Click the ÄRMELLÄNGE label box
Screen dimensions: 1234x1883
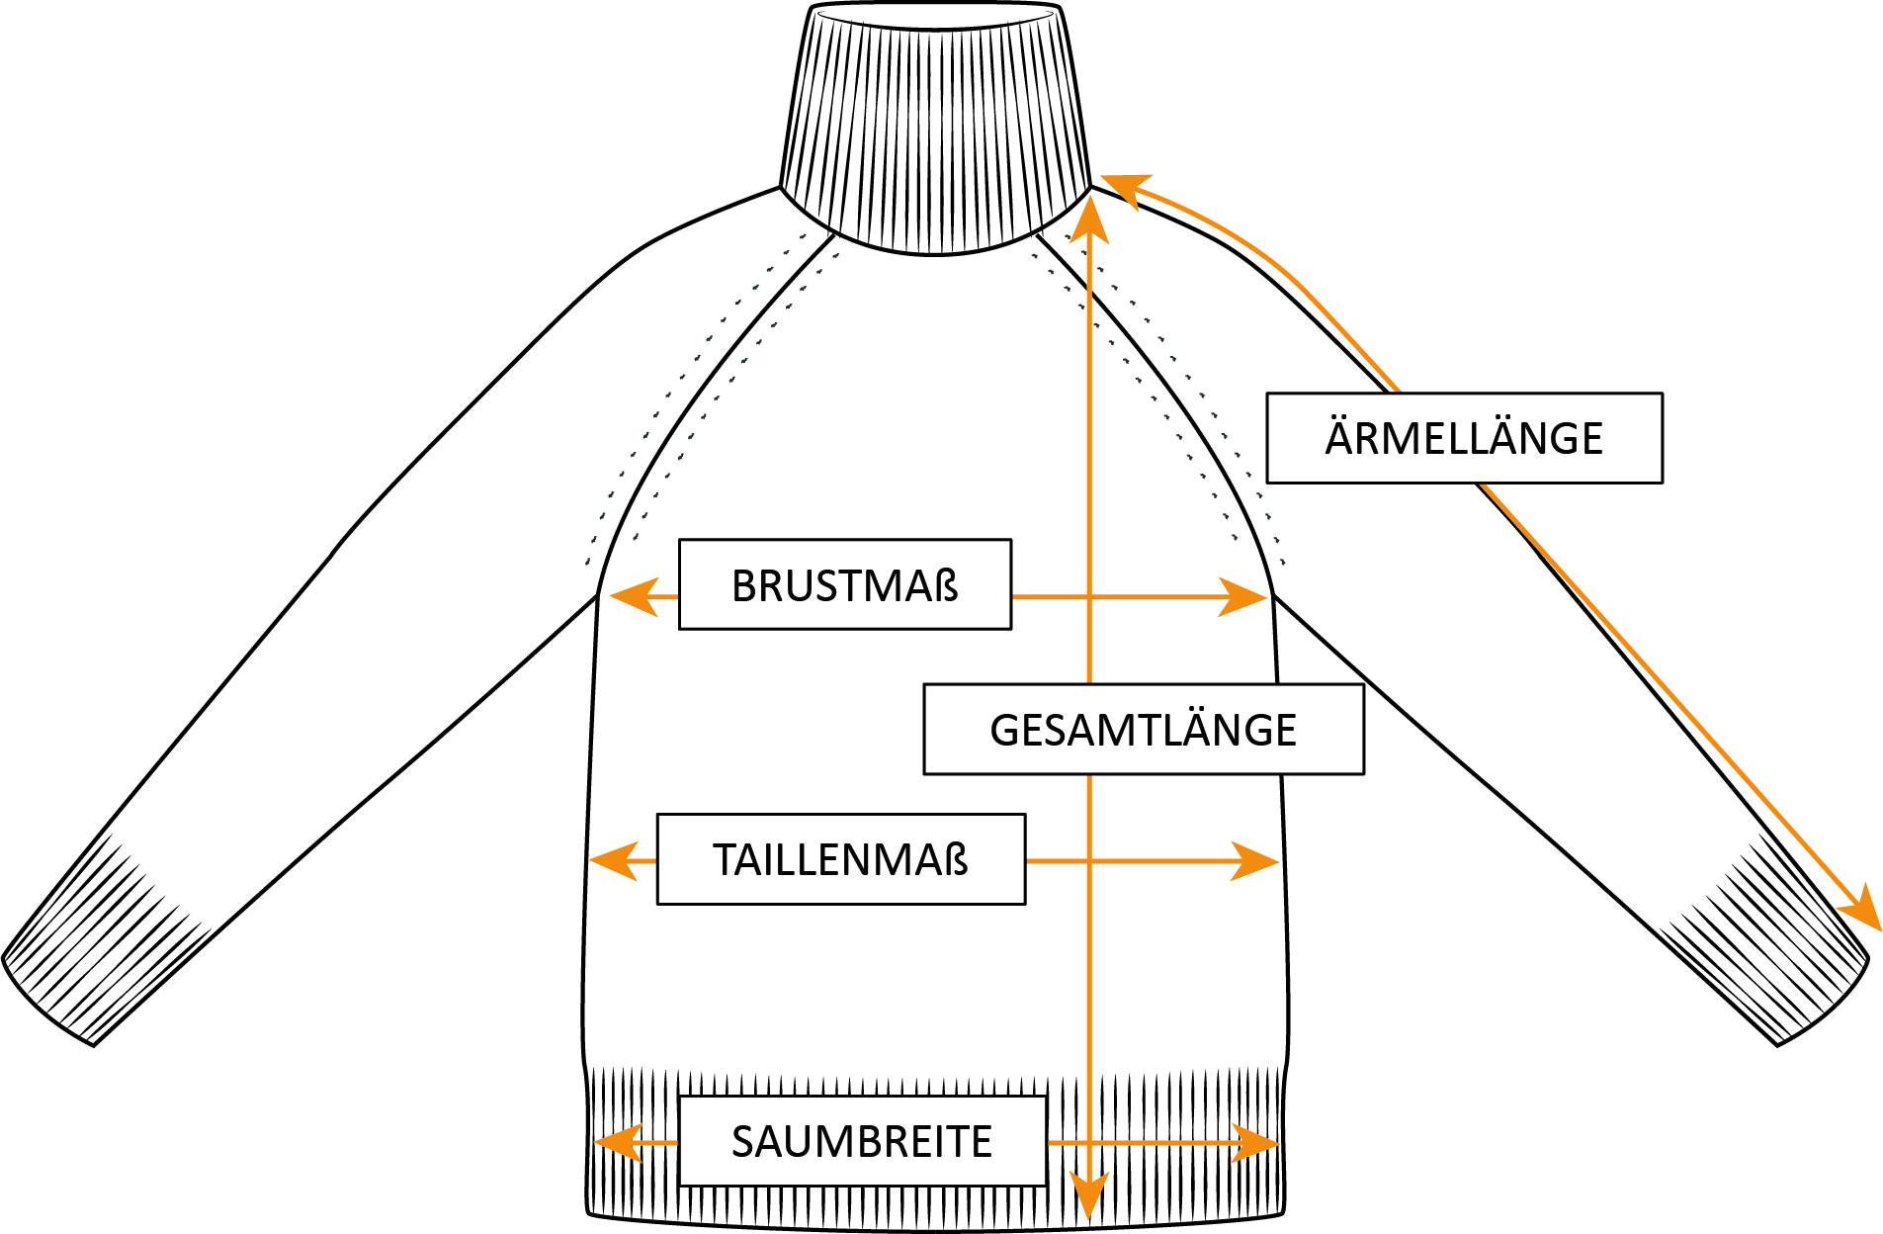[1464, 438]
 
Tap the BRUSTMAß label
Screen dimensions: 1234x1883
[844, 585]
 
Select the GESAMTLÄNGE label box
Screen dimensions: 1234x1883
[1143, 730]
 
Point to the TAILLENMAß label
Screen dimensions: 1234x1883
[840, 859]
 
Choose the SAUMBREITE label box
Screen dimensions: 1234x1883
[862, 1141]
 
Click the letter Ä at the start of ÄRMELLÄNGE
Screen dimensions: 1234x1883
[1338, 437]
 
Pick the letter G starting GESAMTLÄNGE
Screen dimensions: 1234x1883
[1003, 731]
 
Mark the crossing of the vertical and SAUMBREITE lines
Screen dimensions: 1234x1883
[1089, 1143]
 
